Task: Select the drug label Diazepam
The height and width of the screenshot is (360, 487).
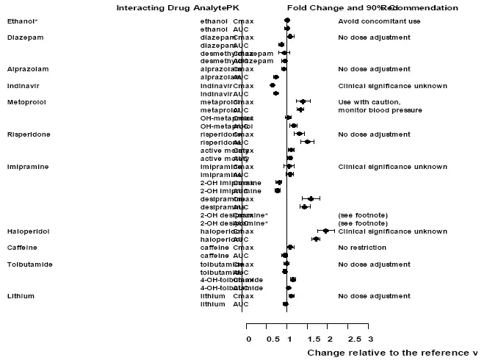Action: tap(22, 37)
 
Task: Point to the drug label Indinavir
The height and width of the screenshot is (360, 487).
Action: tap(24, 85)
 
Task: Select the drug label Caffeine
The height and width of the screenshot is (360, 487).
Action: tap(22, 248)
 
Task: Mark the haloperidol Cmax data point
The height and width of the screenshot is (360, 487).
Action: tap(325, 231)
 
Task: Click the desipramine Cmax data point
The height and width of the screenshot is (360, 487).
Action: tap(311, 198)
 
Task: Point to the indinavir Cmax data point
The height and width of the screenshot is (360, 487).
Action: tap(273, 85)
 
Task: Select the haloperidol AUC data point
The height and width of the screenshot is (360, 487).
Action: tap(316, 239)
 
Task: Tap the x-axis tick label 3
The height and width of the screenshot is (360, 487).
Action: tap(370, 339)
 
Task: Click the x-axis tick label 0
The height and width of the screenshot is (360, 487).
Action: tap(248, 339)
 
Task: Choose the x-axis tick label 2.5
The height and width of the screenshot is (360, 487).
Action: tap(354, 339)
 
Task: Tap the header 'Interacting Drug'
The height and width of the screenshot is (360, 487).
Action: tap(146, 7)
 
